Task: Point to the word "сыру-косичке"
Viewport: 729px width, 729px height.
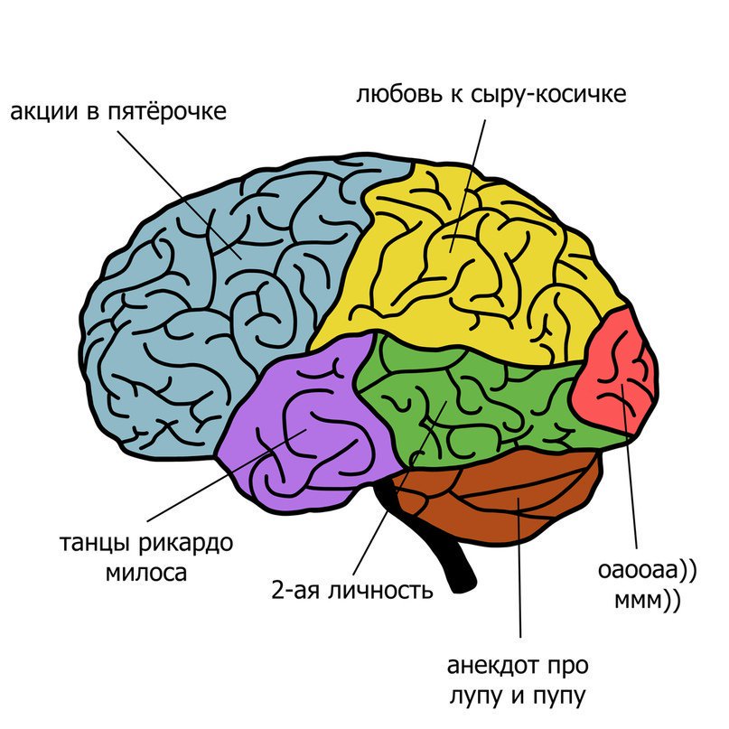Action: click(547, 94)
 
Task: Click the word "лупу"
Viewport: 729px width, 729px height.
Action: click(474, 696)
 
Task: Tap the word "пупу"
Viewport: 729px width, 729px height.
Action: click(562, 696)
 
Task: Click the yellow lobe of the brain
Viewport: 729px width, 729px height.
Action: click(461, 262)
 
